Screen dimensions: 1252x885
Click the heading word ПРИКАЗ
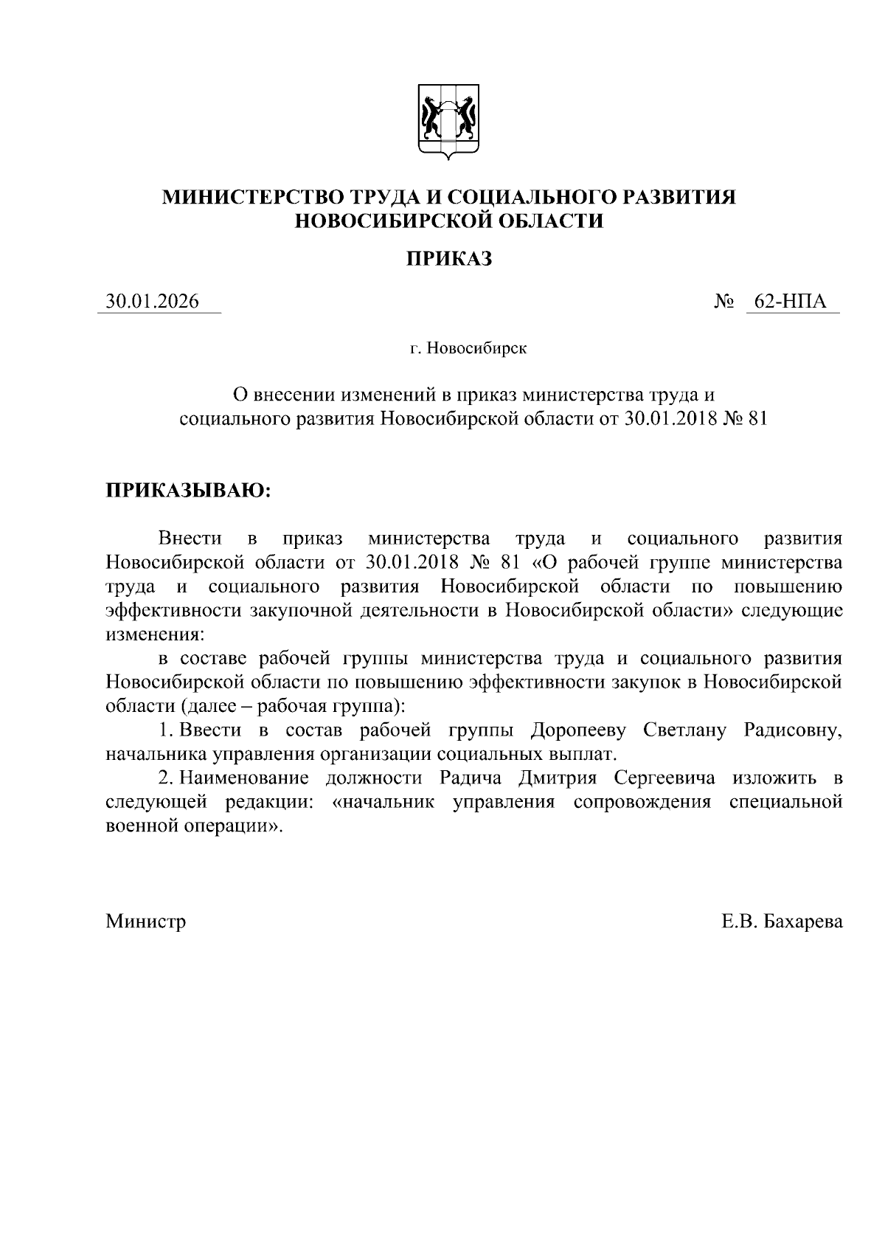(449, 258)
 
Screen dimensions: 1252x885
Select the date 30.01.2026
(153, 302)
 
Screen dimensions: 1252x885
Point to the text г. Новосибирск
(469, 348)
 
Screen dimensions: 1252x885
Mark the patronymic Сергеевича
(664, 778)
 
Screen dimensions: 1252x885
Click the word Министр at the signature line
(146, 921)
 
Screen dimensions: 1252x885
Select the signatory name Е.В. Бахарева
(782, 921)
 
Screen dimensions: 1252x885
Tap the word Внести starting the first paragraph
(190, 539)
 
